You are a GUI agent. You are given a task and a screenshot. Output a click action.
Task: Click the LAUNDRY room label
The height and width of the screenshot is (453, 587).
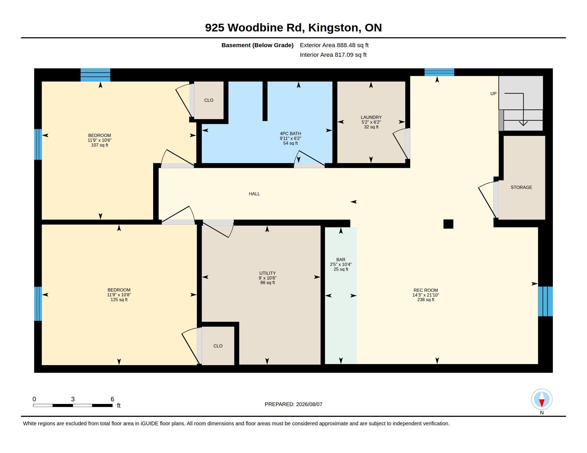click(x=371, y=117)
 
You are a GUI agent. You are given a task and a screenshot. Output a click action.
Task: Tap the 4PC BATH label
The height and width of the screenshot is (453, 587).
click(x=290, y=134)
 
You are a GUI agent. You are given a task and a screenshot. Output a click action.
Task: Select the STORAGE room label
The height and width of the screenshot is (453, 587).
click(x=521, y=187)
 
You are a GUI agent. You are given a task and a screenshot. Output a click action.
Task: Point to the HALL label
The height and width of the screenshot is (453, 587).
click(x=254, y=194)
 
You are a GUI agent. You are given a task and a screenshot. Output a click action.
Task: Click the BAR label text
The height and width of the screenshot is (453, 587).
click(x=341, y=260)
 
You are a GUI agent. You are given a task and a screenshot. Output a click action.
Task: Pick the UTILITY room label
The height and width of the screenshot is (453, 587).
click(x=267, y=273)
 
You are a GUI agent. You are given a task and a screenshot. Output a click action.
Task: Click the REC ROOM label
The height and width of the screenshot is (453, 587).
click(x=426, y=290)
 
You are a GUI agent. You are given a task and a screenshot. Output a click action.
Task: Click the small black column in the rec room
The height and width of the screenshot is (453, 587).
click(x=448, y=224)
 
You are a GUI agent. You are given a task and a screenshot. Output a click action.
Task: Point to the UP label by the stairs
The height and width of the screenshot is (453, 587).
click(x=493, y=94)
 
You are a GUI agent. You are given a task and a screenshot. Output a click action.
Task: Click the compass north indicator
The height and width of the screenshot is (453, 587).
click(x=542, y=400)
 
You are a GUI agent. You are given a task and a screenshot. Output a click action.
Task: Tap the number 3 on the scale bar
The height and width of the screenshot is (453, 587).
click(x=73, y=399)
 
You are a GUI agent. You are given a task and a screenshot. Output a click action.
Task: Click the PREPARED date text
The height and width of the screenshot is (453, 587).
click(x=293, y=404)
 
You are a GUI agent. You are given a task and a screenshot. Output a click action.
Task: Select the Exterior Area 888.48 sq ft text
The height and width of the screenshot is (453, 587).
click(x=334, y=45)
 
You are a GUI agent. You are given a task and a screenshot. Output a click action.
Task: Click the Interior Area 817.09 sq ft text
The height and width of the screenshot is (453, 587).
click(x=333, y=55)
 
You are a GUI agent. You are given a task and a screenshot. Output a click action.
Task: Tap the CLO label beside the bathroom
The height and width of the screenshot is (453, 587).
click(x=209, y=100)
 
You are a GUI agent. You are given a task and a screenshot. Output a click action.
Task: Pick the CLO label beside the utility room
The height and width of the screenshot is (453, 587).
click(x=218, y=346)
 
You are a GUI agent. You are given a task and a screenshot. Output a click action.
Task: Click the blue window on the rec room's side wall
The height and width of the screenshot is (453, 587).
click(x=545, y=301)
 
